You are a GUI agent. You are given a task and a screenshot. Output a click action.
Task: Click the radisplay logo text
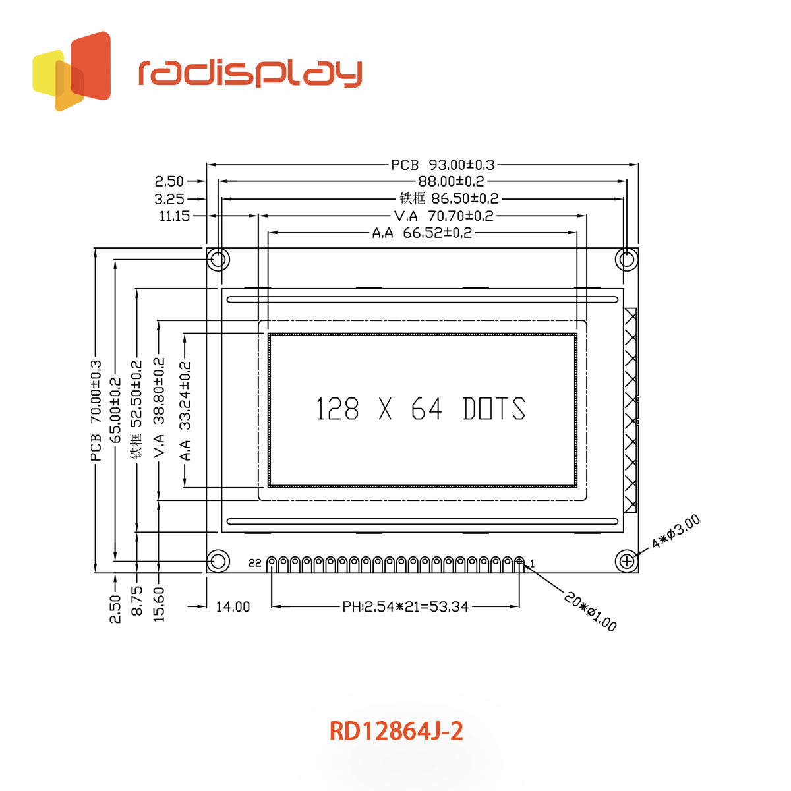(250, 73)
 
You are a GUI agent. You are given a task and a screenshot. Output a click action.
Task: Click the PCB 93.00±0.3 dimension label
(442, 165)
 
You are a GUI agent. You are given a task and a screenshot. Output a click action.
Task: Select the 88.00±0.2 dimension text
(451, 181)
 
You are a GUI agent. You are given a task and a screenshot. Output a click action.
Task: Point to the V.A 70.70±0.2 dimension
(443, 216)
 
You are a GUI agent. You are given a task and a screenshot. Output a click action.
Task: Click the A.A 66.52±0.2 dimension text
(422, 233)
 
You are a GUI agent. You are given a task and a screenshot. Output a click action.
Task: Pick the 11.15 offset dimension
(174, 216)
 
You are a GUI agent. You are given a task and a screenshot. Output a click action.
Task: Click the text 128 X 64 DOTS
(421, 409)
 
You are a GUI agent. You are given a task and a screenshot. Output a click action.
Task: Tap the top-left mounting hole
(218, 259)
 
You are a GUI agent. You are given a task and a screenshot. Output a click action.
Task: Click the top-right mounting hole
(626, 259)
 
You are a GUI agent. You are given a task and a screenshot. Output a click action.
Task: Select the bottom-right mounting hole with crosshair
(626, 562)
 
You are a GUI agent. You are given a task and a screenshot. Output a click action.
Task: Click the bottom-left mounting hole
(218, 562)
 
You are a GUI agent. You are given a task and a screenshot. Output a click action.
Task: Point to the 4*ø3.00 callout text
(676, 533)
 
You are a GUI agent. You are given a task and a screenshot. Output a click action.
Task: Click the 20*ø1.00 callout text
(590, 611)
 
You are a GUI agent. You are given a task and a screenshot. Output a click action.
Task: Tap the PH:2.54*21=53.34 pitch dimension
(405, 606)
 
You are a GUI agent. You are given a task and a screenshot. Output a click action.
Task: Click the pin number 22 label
(255, 563)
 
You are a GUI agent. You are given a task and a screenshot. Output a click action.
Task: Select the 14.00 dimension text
(233, 606)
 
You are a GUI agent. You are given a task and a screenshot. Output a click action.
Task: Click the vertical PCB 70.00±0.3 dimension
(96, 410)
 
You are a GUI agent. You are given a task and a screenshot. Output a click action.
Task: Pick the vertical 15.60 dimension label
(159, 604)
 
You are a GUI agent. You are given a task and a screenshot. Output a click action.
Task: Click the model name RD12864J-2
(395, 731)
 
